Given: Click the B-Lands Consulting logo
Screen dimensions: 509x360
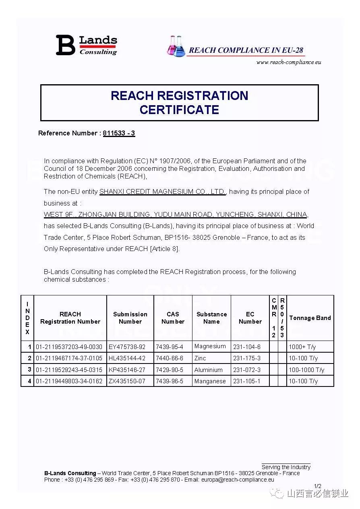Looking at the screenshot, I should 86,45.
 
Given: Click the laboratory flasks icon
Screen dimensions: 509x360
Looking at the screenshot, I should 176,46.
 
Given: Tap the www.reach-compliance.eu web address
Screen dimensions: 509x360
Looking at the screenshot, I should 288,62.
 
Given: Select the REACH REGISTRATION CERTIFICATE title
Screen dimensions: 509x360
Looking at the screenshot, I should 179,102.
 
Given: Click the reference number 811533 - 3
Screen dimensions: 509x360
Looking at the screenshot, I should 119,133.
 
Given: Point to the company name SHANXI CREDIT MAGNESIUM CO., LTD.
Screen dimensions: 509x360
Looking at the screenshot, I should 163,191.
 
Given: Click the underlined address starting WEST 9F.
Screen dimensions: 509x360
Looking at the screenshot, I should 175,214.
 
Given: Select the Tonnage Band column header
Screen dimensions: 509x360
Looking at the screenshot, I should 310,318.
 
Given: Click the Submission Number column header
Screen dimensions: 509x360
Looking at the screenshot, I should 130,318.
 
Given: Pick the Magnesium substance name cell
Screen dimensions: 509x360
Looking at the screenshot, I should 210,346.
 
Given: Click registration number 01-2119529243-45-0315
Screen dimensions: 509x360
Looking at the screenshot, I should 69,370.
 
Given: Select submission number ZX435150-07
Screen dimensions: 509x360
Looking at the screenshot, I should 127,381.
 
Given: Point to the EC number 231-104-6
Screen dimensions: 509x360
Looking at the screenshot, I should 246,347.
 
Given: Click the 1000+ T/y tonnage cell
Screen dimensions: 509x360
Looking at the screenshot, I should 302,347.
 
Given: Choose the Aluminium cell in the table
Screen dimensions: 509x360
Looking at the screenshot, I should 208,370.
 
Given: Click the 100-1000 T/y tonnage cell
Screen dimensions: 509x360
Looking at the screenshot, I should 306,370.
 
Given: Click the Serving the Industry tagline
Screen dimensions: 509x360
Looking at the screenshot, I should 286,467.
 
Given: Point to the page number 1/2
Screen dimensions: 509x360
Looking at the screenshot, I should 317,486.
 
